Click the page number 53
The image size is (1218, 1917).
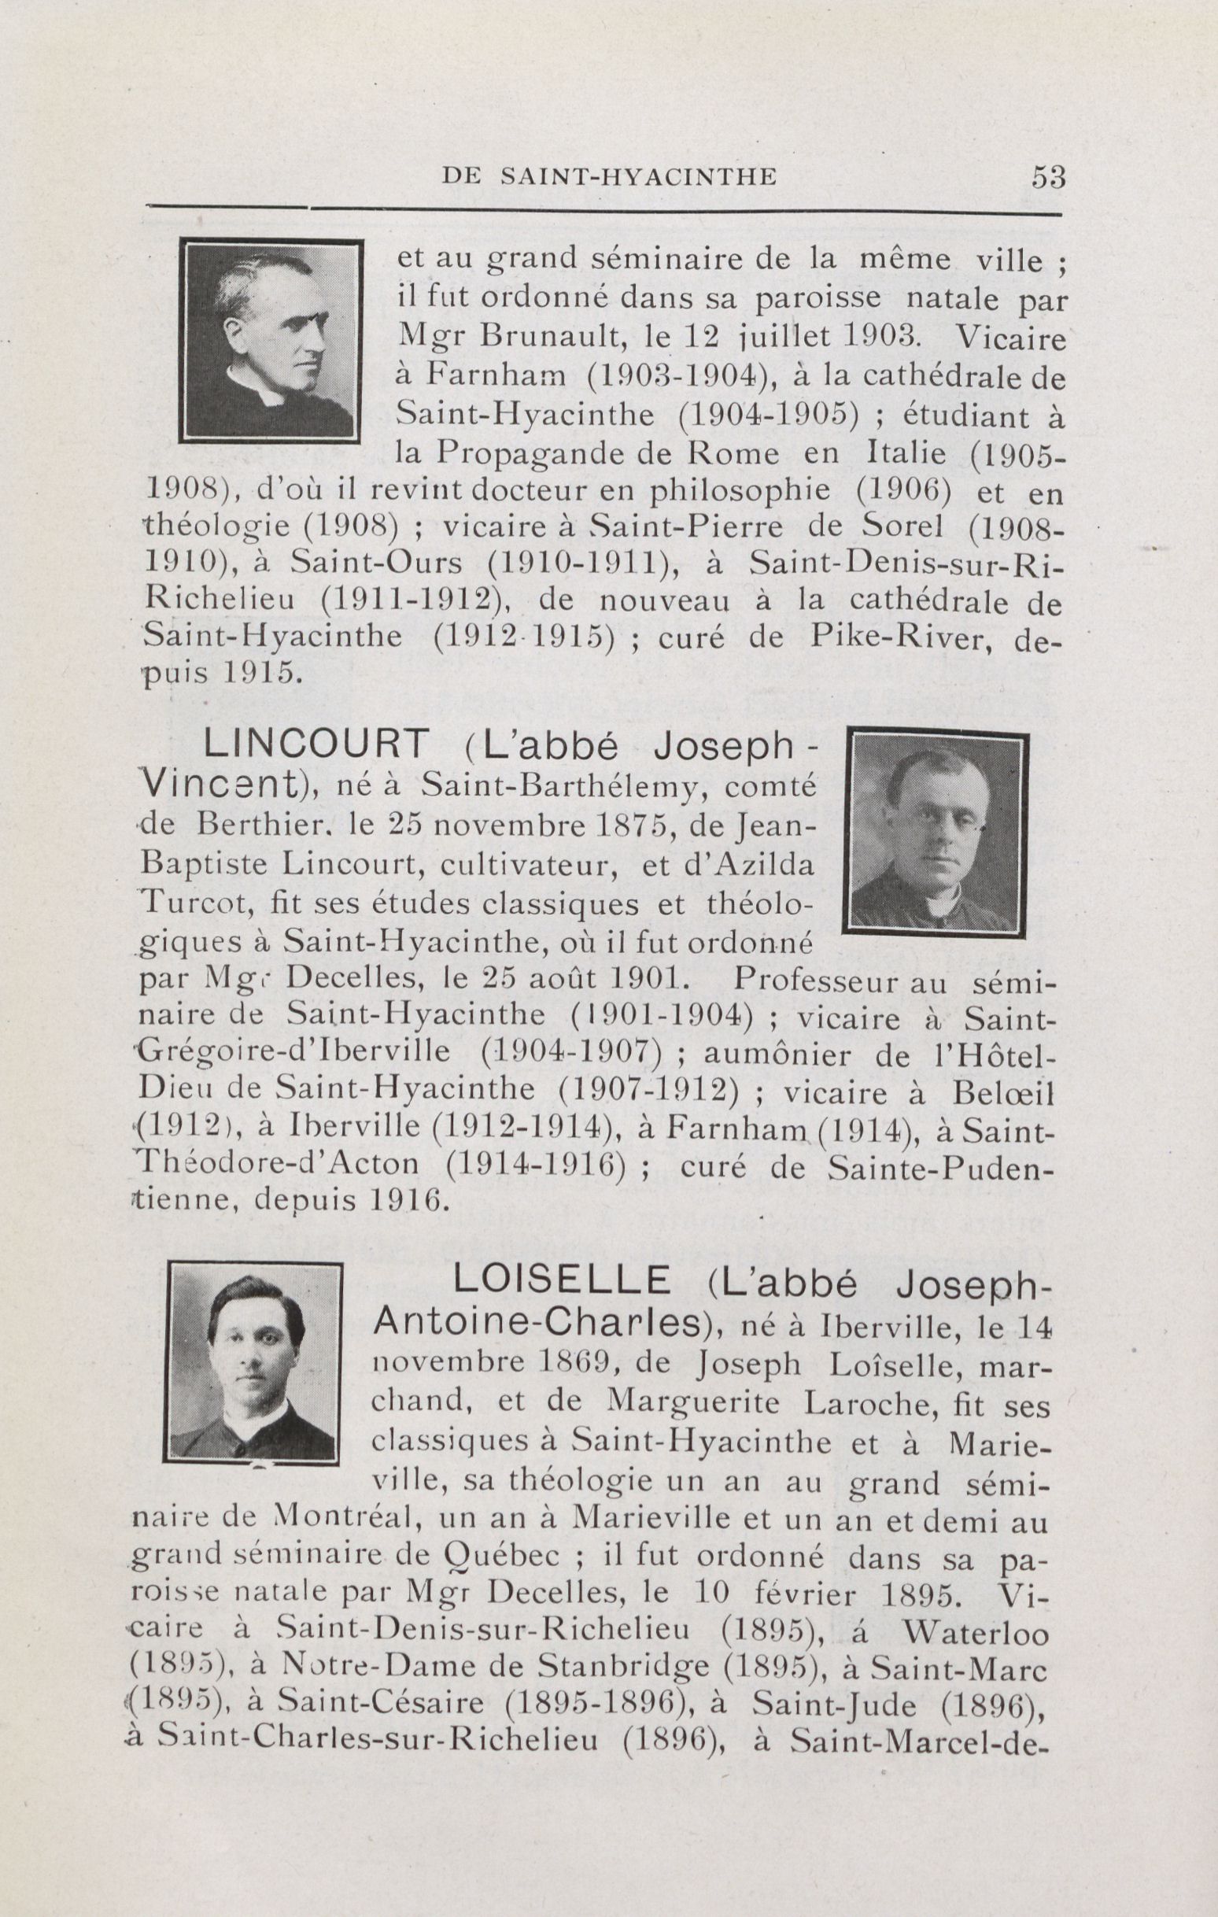coord(1047,177)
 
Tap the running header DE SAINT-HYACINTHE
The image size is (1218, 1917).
coord(608,178)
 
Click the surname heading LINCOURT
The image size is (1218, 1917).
coord(316,746)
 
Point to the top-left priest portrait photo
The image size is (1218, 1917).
coord(269,342)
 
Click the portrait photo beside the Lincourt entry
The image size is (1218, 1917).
coord(936,834)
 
